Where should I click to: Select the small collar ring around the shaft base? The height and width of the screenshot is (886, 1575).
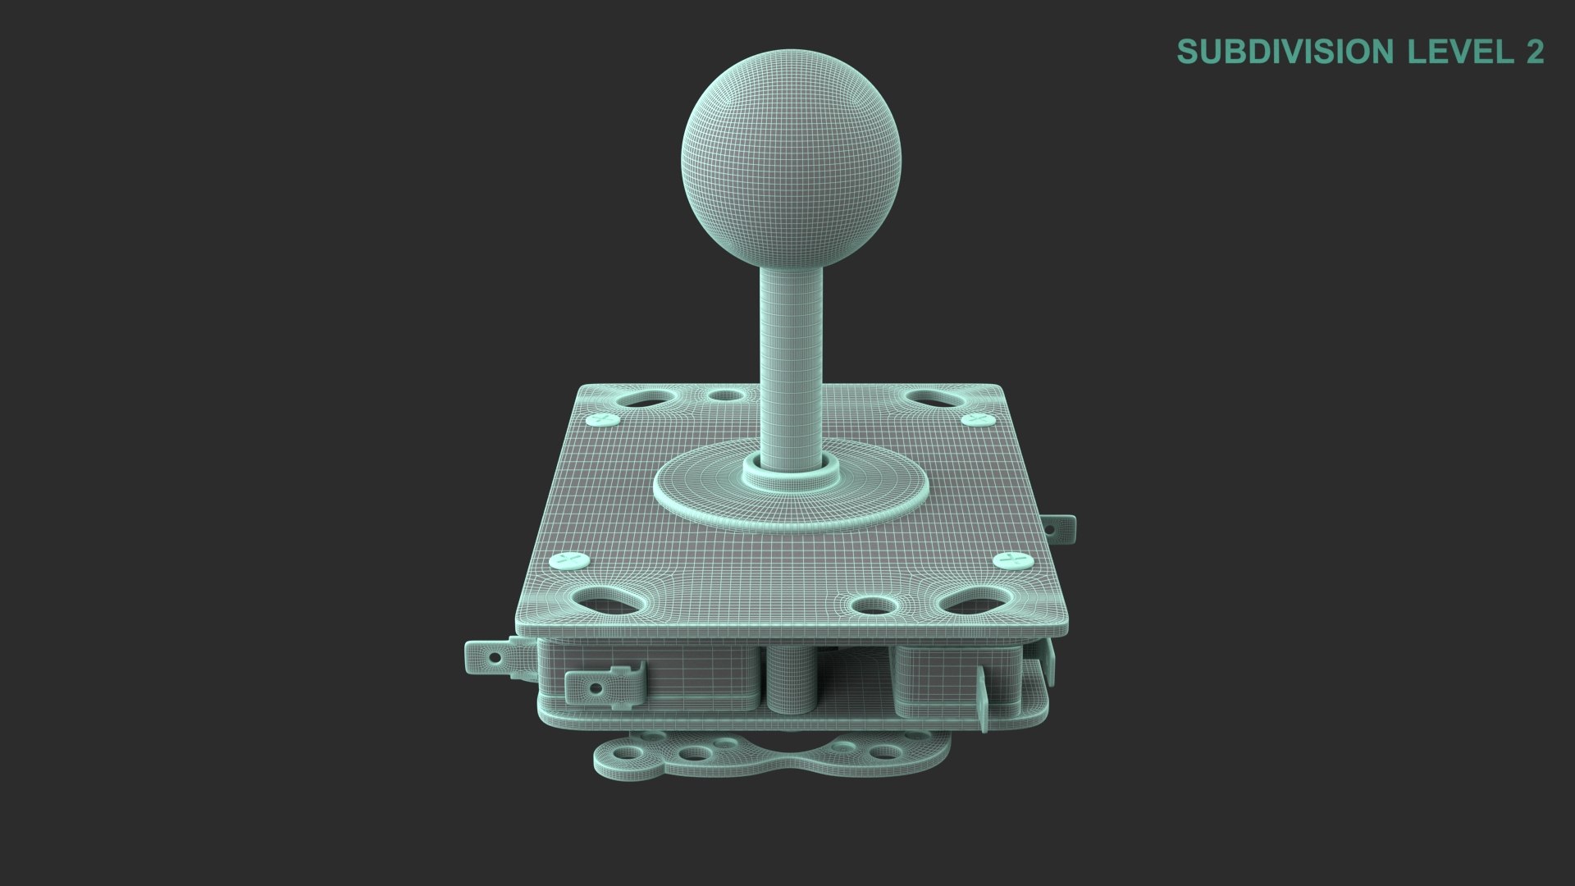(791, 476)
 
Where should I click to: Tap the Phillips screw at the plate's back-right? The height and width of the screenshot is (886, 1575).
(976, 419)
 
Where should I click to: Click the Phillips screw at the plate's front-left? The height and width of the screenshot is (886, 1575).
(569, 561)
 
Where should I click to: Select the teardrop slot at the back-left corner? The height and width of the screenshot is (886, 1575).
(646, 401)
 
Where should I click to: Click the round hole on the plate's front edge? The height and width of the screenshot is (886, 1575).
(874, 606)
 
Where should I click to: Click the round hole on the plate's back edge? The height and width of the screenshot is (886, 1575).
(724, 396)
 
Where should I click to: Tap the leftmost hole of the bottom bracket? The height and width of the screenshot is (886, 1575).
(627, 753)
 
